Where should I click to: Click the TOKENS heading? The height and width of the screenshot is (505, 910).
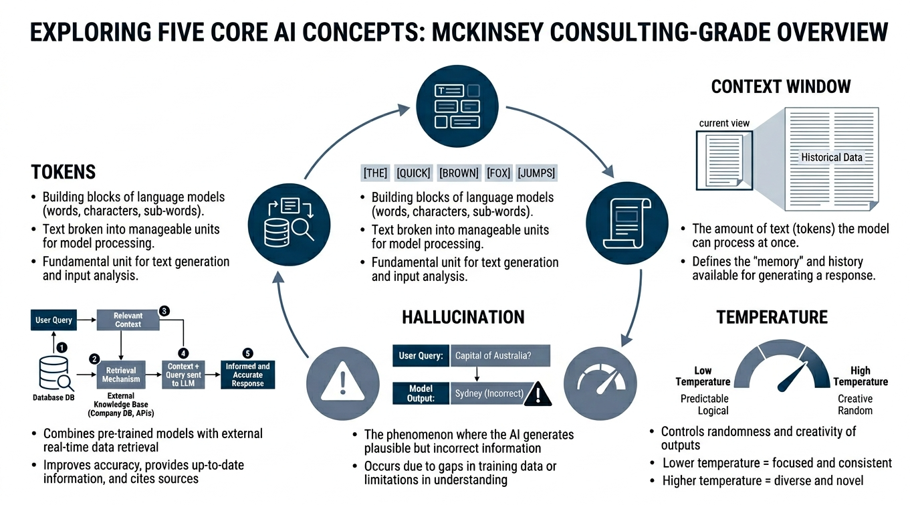point(64,172)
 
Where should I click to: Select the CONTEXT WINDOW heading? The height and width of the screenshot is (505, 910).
point(781,86)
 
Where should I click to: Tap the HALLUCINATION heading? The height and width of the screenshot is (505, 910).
point(463,316)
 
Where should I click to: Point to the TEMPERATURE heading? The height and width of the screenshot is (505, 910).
point(772,316)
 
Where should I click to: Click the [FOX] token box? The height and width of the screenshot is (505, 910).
point(499,173)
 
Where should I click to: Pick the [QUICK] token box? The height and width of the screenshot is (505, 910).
point(414,173)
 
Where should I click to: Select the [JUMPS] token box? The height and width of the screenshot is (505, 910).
point(536,173)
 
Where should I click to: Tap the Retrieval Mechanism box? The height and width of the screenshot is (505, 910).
point(121,375)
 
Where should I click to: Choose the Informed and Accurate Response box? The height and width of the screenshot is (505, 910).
point(247,375)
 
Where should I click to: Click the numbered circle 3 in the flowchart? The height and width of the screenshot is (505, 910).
point(164,310)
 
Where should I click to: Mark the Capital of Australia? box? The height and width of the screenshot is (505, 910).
point(500,356)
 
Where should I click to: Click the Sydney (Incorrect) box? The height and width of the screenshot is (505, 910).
point(489,393)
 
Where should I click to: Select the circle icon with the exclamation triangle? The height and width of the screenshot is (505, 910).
point(343,383)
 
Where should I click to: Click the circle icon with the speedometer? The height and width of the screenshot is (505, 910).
point(601,383)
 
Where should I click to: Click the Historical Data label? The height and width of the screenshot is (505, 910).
point(832,157)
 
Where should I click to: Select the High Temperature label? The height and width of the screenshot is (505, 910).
point(861,376)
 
